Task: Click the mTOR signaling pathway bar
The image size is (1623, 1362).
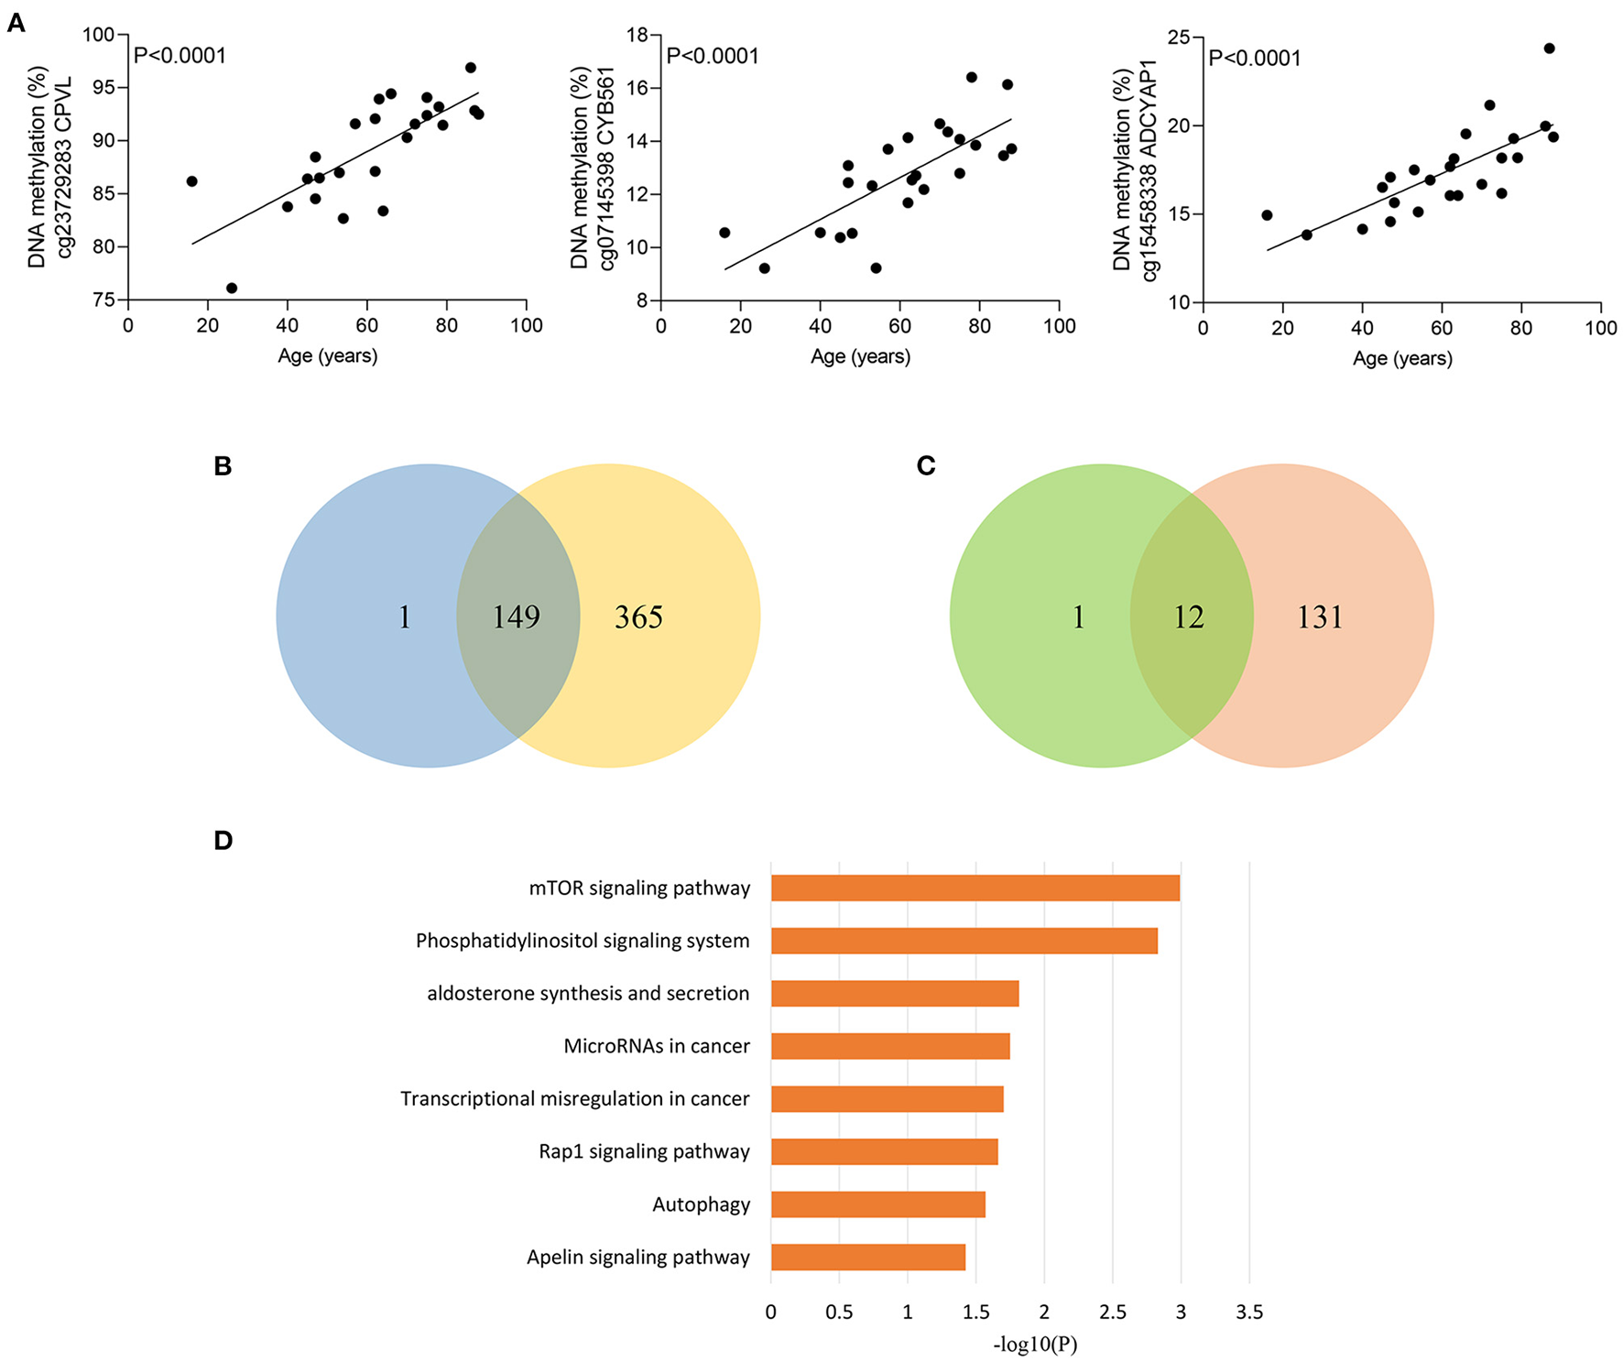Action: pos(975,888)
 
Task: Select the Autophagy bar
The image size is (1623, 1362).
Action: pos(877,1204)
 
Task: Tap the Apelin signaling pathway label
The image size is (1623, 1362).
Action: pos(637,1257)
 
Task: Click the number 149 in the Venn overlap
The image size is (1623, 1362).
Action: pos(517,616)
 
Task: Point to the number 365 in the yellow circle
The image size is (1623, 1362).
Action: pos(638,616)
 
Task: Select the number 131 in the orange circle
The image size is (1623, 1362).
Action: pos(1319,616)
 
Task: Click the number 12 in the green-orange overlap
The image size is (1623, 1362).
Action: pos(1189,616)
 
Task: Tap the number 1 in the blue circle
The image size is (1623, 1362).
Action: pos(404,616)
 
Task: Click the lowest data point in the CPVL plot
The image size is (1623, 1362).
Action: pos(232,288)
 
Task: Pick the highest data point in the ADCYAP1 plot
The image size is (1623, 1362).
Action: pos(1549,49)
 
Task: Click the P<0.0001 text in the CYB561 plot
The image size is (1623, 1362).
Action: pos(713,56)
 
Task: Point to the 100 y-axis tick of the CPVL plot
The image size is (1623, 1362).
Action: pos(99,35)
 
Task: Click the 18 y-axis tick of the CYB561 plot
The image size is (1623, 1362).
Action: pos(637,35)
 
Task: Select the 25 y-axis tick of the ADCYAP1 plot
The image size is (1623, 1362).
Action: pos(1180,38)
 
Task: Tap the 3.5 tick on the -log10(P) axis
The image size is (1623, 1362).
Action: pos(1248,1312)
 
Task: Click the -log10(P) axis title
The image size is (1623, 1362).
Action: pos(1034,1344)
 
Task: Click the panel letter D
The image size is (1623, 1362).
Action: pos(223,840)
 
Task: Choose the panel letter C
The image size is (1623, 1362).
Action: pos(925,465)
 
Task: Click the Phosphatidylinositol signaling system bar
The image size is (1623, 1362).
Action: pos(964,941)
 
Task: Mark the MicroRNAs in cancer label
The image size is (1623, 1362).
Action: pos(656,1046)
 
